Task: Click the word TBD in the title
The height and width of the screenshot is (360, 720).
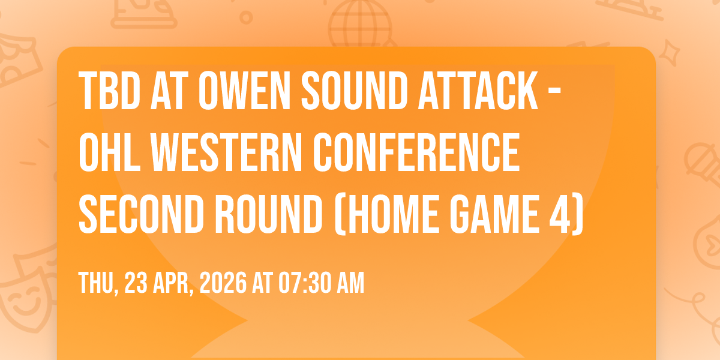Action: pos(110,91)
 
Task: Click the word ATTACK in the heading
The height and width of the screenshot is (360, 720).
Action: pos(478,91)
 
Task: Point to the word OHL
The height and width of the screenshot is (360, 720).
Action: pos(110,152)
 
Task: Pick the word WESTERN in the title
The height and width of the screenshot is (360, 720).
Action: pos(227,152)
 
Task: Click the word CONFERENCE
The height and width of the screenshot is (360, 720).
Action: pos(416,152)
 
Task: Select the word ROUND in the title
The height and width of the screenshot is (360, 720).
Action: pos(269,214)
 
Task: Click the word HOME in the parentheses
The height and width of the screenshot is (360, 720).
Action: pos(393,214)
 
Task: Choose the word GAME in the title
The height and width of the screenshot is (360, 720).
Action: pos(494,214)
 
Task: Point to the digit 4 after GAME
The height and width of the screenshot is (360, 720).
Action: pos(560,214)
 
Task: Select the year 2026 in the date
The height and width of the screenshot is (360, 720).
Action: pos(223,283)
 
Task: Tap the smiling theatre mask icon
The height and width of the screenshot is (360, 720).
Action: pos(27,299)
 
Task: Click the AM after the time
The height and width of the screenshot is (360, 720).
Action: pos(350,283)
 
